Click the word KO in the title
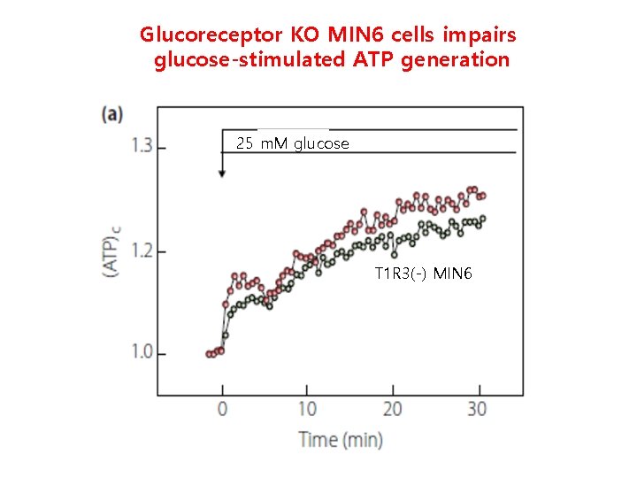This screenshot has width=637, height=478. click(301, 35)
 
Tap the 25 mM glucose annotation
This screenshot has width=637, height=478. click(292, 143)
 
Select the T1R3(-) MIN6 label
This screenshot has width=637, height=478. click(423, 274)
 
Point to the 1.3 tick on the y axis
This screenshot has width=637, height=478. click(144, 146)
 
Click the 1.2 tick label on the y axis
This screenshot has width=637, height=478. click(144, 251)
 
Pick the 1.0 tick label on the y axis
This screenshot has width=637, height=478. click(144, 354)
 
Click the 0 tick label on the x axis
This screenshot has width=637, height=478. click(222, 409)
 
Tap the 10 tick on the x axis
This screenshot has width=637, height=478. click(305, 409)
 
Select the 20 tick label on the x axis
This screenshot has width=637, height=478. click(392, 409)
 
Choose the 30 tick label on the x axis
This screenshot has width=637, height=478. click(477, 409)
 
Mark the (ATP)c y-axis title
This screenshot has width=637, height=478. click(112, 252)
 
